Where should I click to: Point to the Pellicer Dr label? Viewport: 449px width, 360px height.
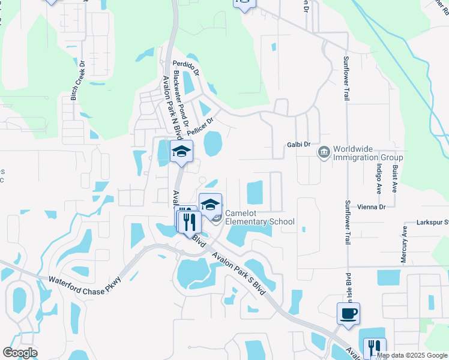tap(200, 126)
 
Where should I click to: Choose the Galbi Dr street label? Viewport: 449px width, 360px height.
tap(299, 145)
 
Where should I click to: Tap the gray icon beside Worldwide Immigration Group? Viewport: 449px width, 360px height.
tap(324, 152)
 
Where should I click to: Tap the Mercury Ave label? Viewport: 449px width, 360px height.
tap(404, 245)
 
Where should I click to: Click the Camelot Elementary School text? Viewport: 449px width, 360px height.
tap(260, 221)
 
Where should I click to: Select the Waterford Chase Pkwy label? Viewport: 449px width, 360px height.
tap(85, 280)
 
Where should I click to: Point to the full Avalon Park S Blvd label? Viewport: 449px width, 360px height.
tap(238, 271)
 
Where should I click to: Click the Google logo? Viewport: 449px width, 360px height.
tap(20, 353)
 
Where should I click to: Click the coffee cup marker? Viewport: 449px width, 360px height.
tap(348, 314)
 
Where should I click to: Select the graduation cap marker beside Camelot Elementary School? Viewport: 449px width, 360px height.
tap(210, 204)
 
